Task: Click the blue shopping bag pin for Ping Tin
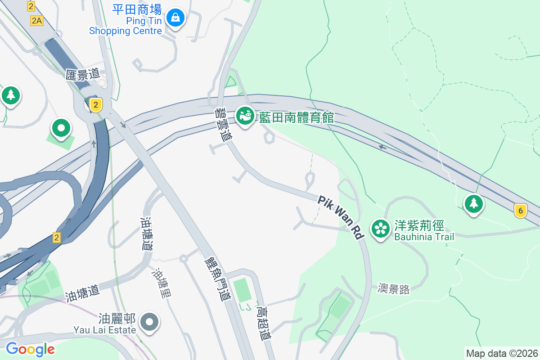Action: click(175, 18)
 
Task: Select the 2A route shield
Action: click(37, 20)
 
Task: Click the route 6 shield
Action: click(520, 210)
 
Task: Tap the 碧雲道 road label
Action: click(221, 125)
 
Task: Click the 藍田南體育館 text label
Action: click(296, 118)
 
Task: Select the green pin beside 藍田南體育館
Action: click(245, 116)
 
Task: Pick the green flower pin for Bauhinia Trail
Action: click(381, 228)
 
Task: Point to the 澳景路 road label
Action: click(394, 289)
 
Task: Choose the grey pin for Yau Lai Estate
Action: click(149, 322)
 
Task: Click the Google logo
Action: click(30, 349)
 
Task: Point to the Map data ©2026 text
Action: click(502, 353)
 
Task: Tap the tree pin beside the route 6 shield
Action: click(473, 204)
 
